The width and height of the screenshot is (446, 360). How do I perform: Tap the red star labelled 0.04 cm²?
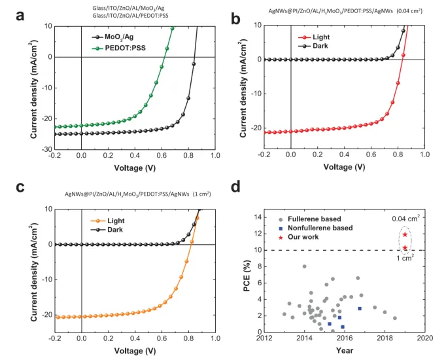coord(405,234)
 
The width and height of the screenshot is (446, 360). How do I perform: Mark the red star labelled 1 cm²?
coord(405,248)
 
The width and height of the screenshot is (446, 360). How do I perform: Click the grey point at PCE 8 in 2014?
coord(304,266)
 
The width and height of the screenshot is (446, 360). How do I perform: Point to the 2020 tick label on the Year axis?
coord(425,338)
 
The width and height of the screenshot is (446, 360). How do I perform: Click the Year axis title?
coord(345,351)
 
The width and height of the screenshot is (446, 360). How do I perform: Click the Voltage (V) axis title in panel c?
coord(133,351)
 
